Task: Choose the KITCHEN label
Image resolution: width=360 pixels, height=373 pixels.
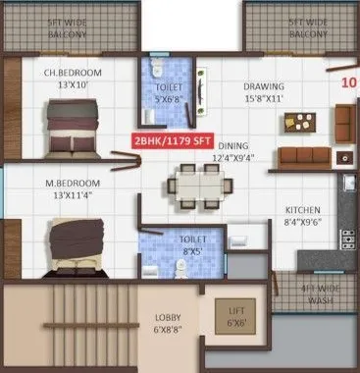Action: coord(303,210)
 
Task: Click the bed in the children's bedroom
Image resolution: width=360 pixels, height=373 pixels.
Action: coord(68,128)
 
